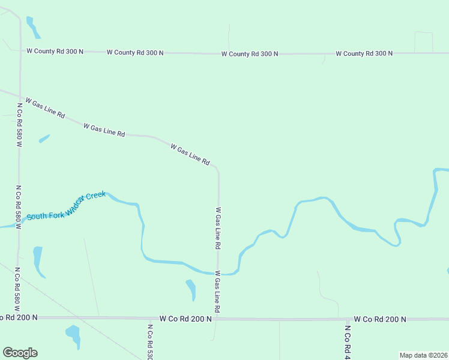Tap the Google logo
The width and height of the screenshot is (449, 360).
(20, 353)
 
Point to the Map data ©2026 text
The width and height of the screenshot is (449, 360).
(423, 355)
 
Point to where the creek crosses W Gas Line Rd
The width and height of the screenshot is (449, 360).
(218, 274)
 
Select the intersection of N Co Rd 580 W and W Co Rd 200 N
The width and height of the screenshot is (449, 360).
(19, 317)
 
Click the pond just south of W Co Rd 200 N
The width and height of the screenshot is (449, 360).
(73, 334)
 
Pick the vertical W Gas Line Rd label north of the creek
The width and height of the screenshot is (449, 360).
(218, 229)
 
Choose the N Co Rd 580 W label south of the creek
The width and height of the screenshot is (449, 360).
(17, 287)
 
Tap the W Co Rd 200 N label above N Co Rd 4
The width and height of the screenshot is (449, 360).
(380, 319)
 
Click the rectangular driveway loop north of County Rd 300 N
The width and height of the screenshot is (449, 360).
(423, 42)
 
